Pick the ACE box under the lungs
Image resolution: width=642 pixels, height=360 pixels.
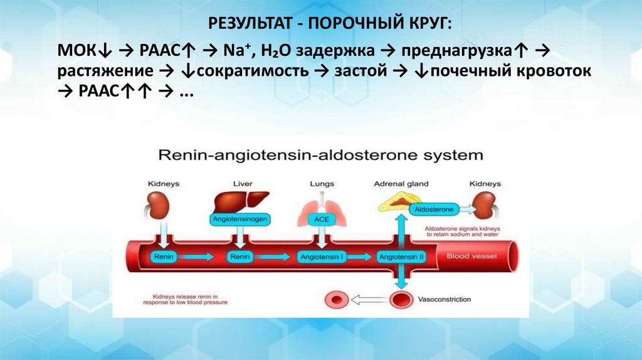[321, 220]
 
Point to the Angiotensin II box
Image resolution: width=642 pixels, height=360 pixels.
[401, 257]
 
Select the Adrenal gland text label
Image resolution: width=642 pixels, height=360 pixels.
[401, 184]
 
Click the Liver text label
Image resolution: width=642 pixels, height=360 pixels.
[242, 184]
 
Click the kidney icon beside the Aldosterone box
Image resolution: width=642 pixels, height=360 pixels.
[485, 204]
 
